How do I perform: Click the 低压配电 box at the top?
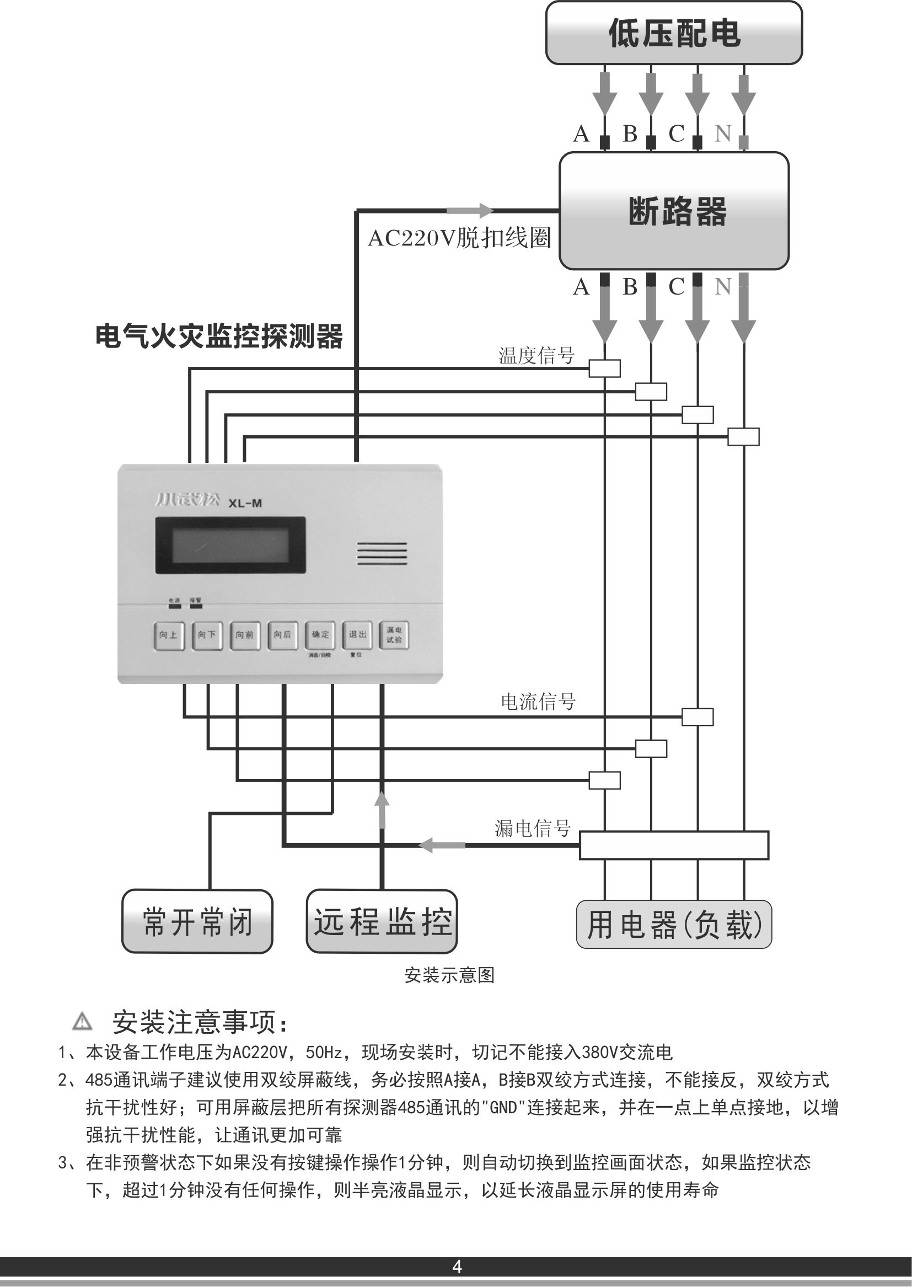(674, 33)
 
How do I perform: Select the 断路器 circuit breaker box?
(674, 211)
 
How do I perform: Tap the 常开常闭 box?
(197, 921)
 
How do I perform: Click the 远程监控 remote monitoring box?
(382, 921)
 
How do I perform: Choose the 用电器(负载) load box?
(674, 925)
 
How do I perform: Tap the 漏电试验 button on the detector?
(394, 635)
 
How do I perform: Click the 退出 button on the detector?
(357, 635)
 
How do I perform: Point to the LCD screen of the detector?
(230, 545)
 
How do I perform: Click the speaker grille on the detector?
(382, 553)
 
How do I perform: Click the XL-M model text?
(245, 503)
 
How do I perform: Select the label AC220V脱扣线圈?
(459, 238)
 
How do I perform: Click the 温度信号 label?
(537, 356)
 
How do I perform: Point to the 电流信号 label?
(538, 702)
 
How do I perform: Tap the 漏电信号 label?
(533, 828)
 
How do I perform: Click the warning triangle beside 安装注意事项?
(83, 1021)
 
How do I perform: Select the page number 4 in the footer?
(457, 1266)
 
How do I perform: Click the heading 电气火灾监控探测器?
(219, 336)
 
